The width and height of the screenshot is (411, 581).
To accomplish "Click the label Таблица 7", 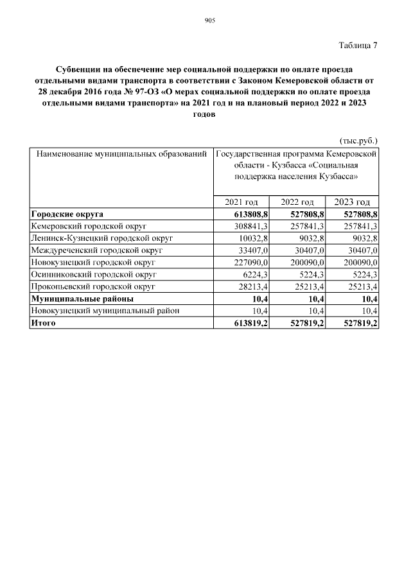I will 358,45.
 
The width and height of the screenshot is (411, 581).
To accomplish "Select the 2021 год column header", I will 241,202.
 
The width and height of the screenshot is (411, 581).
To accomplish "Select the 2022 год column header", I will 297,202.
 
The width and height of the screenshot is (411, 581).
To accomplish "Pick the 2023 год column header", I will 352,202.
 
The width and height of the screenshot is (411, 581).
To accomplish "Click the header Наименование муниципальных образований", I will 121,154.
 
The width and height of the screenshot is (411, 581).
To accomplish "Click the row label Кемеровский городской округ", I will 89,227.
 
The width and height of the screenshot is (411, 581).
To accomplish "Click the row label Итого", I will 43,323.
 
